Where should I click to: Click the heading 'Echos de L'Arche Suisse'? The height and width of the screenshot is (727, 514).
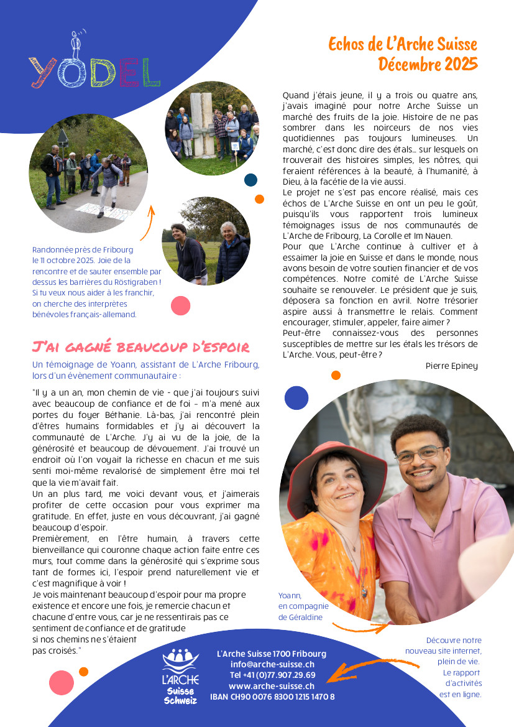402,44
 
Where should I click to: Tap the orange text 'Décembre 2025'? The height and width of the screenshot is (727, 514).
428,64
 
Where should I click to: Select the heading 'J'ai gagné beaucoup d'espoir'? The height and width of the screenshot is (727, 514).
140,347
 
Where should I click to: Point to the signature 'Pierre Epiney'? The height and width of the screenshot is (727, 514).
451,366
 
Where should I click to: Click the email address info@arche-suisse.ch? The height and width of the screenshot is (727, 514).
272,664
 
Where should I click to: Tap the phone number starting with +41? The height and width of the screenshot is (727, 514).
272,675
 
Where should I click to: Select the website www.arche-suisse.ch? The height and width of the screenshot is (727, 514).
272,686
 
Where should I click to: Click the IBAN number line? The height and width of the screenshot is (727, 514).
272,697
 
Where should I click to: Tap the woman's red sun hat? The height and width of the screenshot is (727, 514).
336,463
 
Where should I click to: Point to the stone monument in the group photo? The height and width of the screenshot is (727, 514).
201,124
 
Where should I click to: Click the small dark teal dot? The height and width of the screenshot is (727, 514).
250,180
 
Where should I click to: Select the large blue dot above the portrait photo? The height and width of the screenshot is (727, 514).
296,397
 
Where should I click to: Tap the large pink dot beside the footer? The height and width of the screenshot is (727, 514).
61,682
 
